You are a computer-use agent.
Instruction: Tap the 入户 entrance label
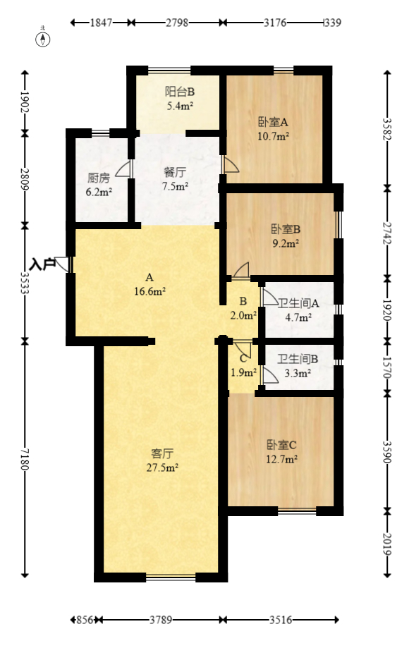pos(44,264)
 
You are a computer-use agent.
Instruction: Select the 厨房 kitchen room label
pos(99,178)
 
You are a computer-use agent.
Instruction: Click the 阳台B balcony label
pos(180,92)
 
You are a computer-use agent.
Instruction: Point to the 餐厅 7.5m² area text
pos(176,186)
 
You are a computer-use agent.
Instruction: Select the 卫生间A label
pos(298,304)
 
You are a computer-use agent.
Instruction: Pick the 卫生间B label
pos(298,359)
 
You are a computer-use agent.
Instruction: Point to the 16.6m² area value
pos(149,290)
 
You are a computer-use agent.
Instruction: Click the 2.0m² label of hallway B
pos(243,315)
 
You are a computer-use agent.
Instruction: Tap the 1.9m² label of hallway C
pos(243,372)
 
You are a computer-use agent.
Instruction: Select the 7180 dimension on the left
pos(25,459)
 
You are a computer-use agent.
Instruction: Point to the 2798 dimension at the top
pos(177,23)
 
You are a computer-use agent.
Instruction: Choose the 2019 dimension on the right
pos(386,544)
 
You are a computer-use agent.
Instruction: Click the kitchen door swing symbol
pos(124,169)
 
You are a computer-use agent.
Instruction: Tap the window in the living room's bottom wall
pos(171,577)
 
